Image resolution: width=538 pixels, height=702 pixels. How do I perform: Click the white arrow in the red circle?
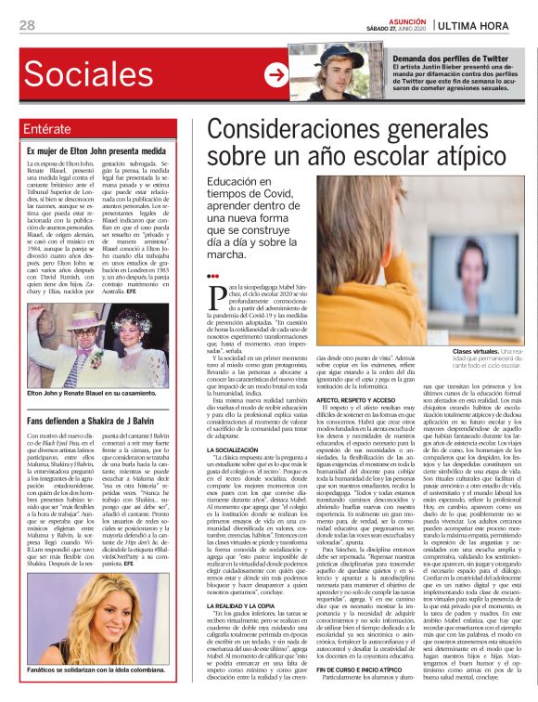[275, 74]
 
